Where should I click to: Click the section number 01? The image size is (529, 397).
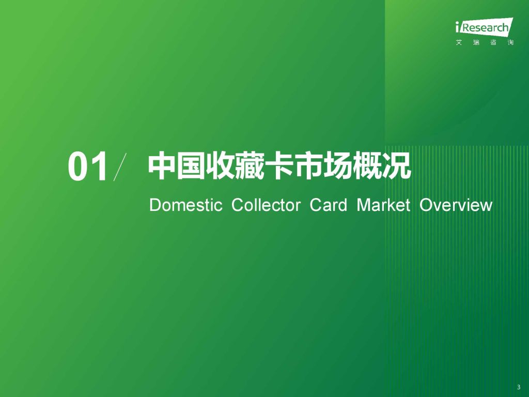(88, 167)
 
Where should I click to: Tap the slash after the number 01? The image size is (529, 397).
(120, 167)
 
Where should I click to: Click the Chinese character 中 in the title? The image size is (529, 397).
(162, 166)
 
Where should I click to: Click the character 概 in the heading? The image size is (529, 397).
(367, 166)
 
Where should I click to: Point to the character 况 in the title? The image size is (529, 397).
(397, 166)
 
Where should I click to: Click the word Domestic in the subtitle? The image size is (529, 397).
(186, 205)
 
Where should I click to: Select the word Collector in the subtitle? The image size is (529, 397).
(266, 205)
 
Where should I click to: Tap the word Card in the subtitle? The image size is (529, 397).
(328, 205)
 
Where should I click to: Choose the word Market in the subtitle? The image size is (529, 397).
(384, 205)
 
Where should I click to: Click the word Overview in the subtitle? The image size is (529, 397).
(456, 205)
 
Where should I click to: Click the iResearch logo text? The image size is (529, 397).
(484, 27)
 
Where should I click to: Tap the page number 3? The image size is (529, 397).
(519, 387)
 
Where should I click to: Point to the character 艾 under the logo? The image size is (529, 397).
(459, 42)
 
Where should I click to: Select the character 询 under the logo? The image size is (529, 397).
(510, 42)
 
